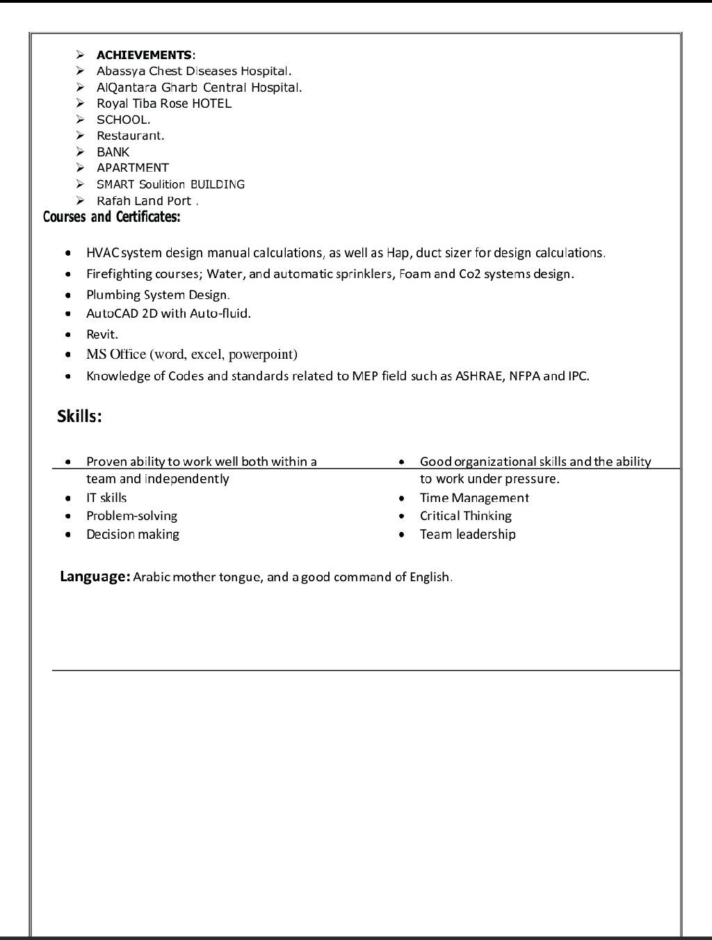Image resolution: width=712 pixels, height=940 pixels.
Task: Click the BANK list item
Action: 113,152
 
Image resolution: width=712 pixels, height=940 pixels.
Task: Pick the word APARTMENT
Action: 132,168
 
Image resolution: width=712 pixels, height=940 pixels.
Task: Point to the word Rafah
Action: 114,201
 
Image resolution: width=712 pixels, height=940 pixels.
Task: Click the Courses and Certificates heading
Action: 111,217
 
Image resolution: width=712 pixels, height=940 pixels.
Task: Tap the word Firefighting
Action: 119,274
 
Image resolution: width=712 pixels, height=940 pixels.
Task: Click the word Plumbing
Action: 113,295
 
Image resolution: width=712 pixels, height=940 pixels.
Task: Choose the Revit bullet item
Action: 102,334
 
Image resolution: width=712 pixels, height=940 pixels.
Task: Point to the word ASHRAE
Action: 478,376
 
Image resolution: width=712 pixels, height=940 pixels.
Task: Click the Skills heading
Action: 79,416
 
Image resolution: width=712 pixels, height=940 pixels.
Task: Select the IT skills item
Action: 106,498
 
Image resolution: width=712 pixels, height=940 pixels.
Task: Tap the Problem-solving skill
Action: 131,516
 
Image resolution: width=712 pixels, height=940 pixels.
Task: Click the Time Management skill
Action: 474,498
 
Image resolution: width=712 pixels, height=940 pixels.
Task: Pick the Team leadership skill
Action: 467,535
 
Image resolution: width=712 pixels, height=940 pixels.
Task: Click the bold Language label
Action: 95,576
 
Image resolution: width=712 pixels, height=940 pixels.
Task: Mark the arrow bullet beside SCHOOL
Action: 81,120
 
